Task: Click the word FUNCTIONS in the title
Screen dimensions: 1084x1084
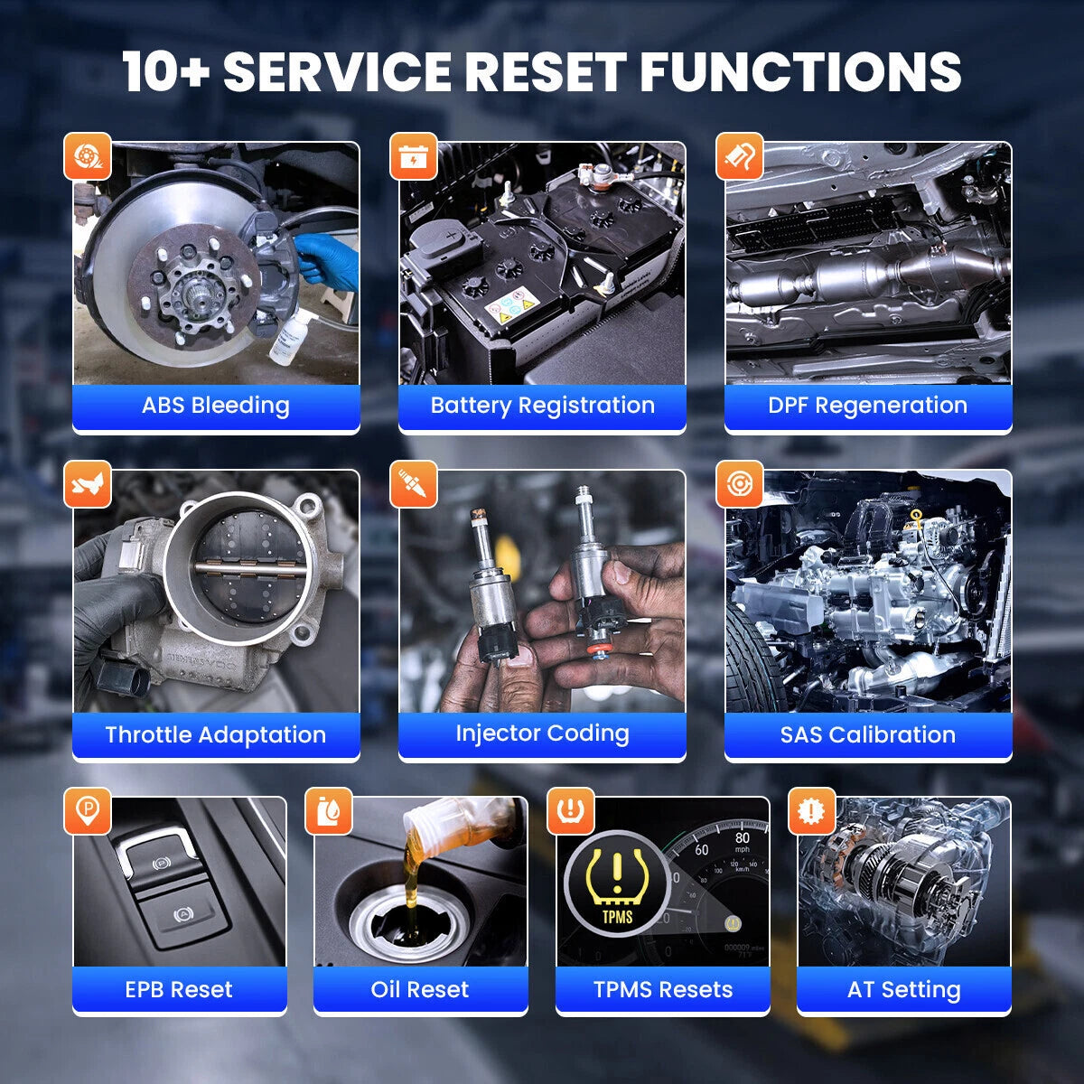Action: click(x=800, y=71)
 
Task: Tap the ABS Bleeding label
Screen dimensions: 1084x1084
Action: click(x=216, y=406)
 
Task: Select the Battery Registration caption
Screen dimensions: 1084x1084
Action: click(x=542, y=406)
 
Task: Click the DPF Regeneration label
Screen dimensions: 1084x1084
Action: click(x=867, y=406)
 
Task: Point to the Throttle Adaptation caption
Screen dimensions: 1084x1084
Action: click(x=216, y=734)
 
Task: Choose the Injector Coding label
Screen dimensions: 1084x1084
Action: click(x=542, y=734)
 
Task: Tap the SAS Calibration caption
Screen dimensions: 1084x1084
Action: click(x=867, y=734)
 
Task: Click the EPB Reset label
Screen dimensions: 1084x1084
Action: click(x=179, y=989)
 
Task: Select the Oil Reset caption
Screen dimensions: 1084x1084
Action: click(x=420, y=989)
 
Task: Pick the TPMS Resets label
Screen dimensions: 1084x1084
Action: click(x=663, y=989)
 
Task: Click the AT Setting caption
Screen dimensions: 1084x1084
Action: click(x=904, y=990)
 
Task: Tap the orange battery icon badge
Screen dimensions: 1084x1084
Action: click(x=414, y=156)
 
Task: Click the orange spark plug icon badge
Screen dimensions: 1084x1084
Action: click(x=414, y=484)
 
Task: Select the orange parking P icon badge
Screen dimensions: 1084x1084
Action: click(x=88, y=811)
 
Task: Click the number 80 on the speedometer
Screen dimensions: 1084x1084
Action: click(x=742, y=837)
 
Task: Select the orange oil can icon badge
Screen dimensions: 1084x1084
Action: click(x=329, y=811)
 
